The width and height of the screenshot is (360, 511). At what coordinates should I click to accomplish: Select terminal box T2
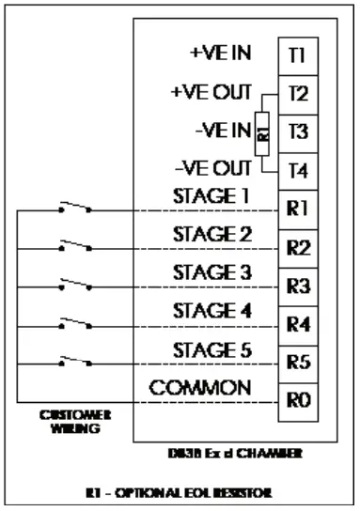pos(297,95)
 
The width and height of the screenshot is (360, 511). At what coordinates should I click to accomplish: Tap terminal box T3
pos(297,132)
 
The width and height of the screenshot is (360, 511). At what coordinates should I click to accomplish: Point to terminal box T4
pos(297,171)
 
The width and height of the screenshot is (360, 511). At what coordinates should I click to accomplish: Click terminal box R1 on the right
pos(297,209)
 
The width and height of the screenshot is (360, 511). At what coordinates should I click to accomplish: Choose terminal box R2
pos(297,248)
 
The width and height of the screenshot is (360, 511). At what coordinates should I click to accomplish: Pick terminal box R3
pos(297,286)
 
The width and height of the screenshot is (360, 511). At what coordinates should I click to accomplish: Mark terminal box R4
pos(297,325)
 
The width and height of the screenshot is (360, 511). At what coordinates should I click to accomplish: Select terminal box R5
pos(297,363)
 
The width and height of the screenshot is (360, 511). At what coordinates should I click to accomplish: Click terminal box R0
pos(297,400)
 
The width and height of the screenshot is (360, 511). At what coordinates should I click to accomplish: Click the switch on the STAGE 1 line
pos(73,208)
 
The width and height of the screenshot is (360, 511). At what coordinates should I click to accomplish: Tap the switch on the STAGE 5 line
pos(73,360)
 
